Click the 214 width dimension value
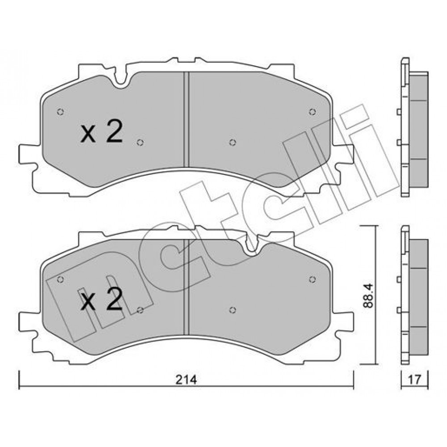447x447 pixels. click(186, 380)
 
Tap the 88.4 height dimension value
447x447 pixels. click(368, 295)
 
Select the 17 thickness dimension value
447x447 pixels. click(414, 380)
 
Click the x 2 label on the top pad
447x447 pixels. click(101, 131)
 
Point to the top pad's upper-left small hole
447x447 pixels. click(60, 112)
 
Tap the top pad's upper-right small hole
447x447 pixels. click(312, 112)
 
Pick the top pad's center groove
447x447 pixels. click(186, 119)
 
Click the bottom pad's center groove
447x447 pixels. click(186, 287)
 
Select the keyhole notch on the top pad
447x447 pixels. click(121, 77)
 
